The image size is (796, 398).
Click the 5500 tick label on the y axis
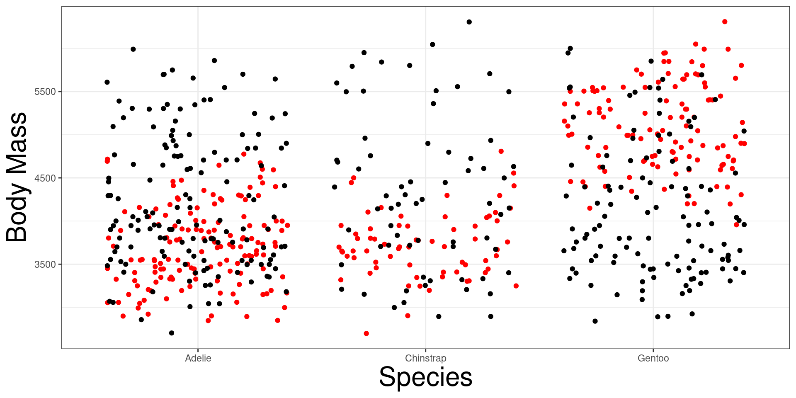point(45,92)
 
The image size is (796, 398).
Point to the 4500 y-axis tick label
point(45,178)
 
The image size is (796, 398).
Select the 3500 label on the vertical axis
point(45,265)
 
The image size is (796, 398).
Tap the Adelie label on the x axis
point(198,358)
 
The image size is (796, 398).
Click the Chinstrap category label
point(425,358)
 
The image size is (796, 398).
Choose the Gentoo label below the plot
point(653,358)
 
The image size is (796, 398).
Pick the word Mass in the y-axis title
point(17,143)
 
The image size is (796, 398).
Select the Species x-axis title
point(425,377)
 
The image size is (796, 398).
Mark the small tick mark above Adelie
point(198,350)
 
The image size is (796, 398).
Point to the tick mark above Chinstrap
point(425,350)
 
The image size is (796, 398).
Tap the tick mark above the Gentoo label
point(653,350)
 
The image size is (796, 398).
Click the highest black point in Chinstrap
point(469,22)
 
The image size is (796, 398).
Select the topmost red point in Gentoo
point(725,22)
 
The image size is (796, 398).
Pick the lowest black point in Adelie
point(172,333)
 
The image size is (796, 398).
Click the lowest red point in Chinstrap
point(366,333)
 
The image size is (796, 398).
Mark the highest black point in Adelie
point(133,49)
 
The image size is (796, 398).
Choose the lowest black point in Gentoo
point(595,321)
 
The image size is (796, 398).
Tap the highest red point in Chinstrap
point(501,151)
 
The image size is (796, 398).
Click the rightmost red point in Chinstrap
point(516,286)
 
